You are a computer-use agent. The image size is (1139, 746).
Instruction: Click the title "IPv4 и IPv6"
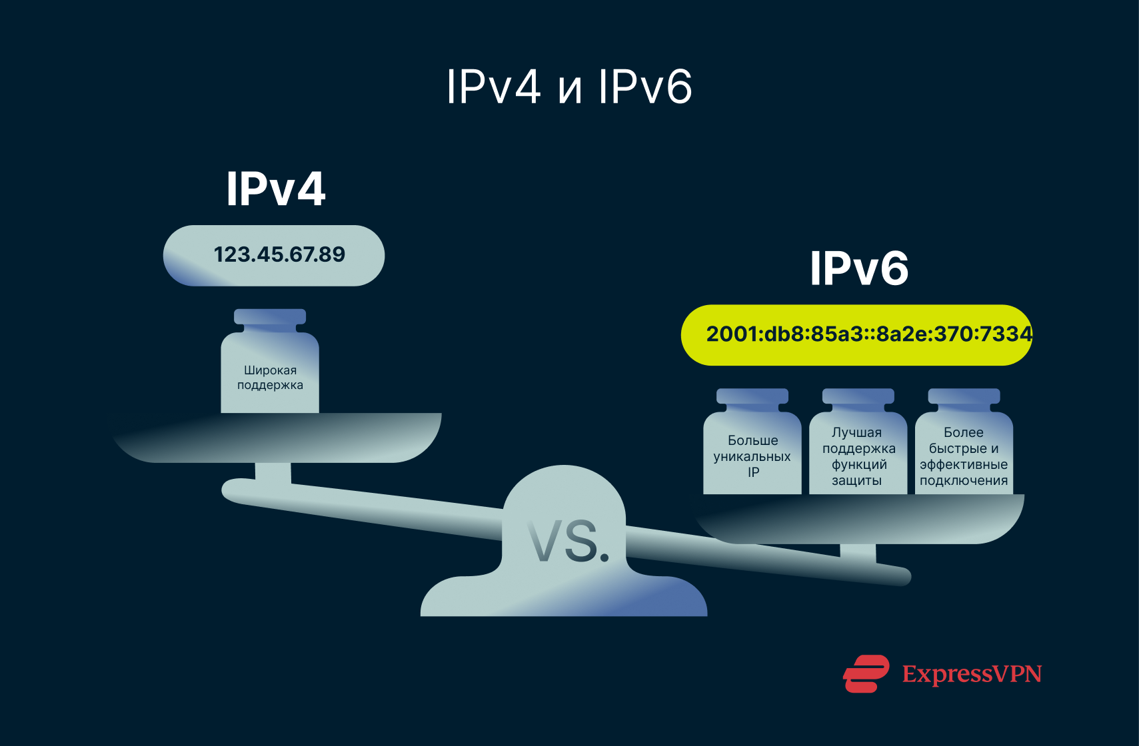pos(569,87)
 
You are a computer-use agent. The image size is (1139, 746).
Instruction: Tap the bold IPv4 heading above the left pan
pos(275,189)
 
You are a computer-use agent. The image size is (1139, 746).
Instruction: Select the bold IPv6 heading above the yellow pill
pos(858,269)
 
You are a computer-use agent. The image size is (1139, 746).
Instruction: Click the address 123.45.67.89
pos(279,254)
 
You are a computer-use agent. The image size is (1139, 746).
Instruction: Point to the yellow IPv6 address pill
pos(856,334)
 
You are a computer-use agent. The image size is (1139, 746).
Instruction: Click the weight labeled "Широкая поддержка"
pos(270,377)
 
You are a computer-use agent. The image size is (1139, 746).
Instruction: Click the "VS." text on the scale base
pos(569,541)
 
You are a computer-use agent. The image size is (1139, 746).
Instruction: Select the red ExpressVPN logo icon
pos(866,673)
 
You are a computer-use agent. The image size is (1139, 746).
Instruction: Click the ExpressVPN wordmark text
pos(972,674)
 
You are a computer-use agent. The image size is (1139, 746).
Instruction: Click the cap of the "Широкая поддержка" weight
pos(270,317)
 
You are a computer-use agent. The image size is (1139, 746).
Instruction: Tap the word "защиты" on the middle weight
pos(856,480)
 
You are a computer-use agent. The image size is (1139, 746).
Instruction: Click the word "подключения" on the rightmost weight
pos(964,480)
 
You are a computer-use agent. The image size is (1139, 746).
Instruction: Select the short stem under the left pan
pos(273,472)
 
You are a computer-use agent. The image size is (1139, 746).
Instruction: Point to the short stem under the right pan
pos(858,553)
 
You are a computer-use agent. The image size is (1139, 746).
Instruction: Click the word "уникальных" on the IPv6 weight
pos(752,456)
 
